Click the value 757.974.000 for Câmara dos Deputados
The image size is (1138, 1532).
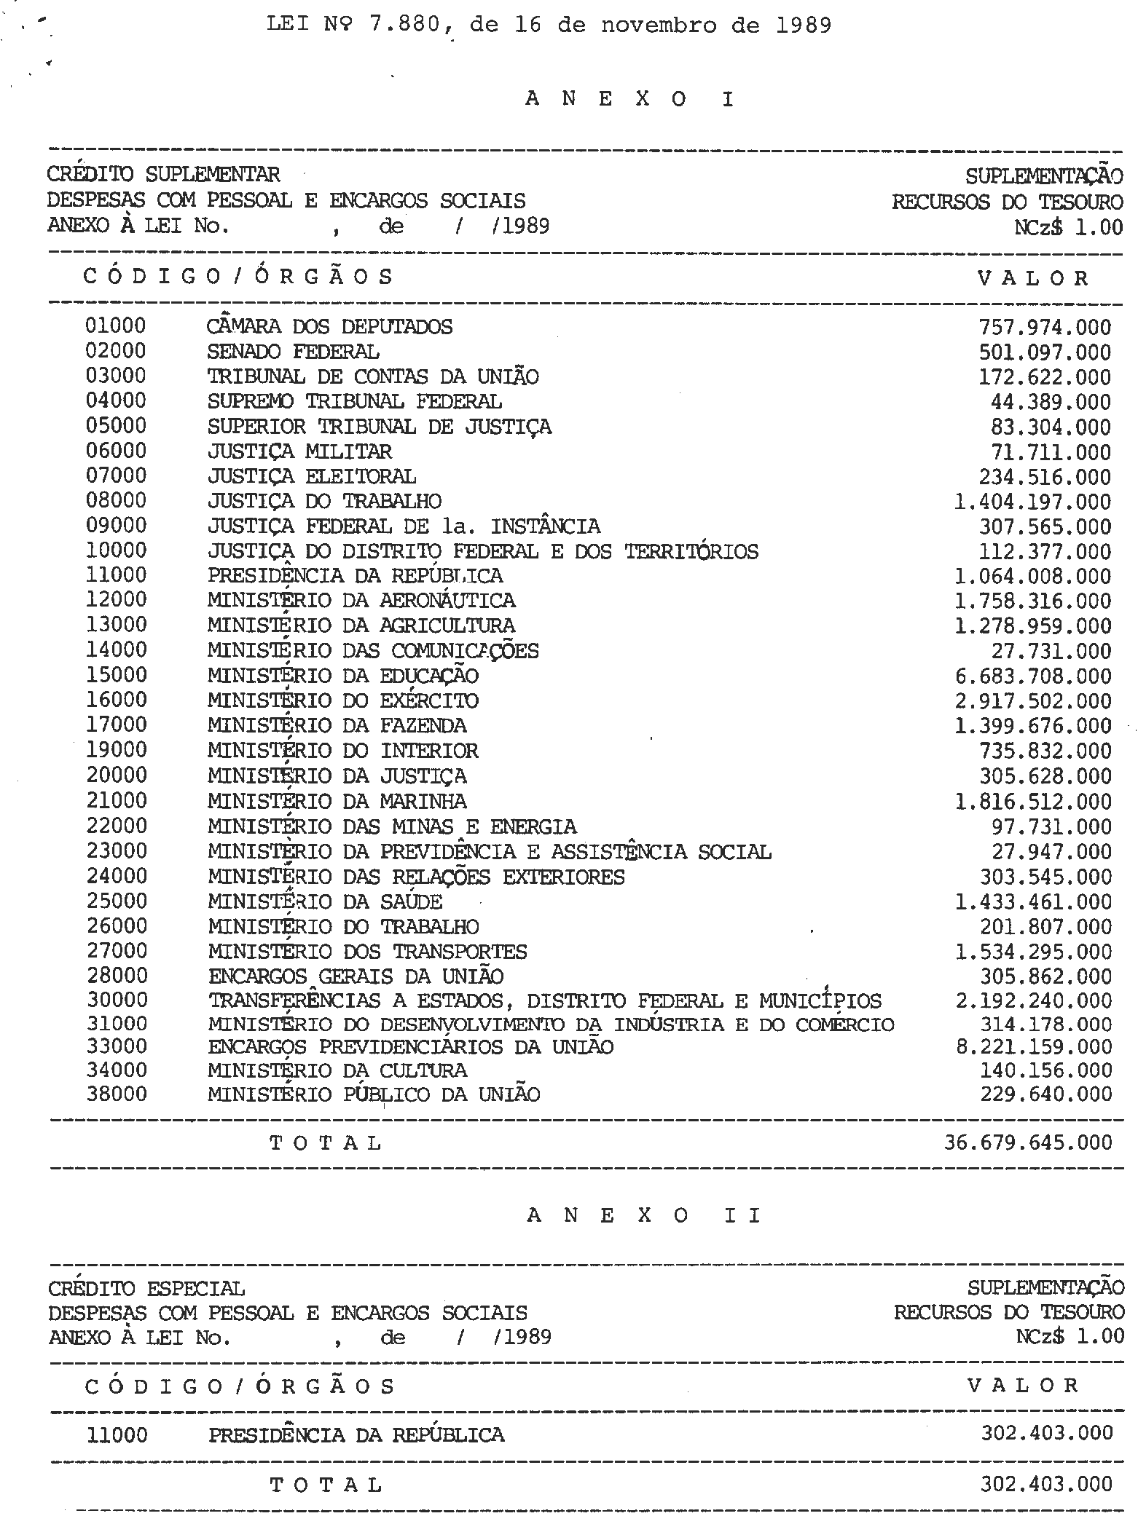[x=1045, y=328]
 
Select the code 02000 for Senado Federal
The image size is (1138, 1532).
[x=116, y=351]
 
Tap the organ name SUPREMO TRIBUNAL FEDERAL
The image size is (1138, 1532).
[x=354, y=401]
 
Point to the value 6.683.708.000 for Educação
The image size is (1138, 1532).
[x=1033, y=676]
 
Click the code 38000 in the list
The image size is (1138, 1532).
[x=117, y=1094]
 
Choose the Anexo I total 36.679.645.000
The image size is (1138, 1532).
[x=1028, y=1142]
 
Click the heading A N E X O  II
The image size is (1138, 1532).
[x=643, y=1215]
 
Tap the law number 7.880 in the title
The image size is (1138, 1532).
[x=403, y=25]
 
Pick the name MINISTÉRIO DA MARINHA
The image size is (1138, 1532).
[x=337, y=802]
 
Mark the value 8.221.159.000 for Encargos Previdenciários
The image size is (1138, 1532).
[x=1034, y=1047]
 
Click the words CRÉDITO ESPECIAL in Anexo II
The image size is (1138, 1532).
[x=146, y=1289]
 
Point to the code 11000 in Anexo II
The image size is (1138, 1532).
[x=117, y=1435]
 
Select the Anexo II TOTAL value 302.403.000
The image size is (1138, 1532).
[x=1046, y=1484]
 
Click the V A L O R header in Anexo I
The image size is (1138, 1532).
[x=1033, y=278]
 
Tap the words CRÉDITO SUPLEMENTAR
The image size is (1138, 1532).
[x=163, y=175]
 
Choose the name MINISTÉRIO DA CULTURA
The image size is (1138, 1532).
[x=337, y=1070]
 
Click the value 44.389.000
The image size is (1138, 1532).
[x=1051, y=402]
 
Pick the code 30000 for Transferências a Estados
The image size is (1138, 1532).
[x=117, y=1000]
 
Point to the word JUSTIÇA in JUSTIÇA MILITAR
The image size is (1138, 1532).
[x=250, y=451]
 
